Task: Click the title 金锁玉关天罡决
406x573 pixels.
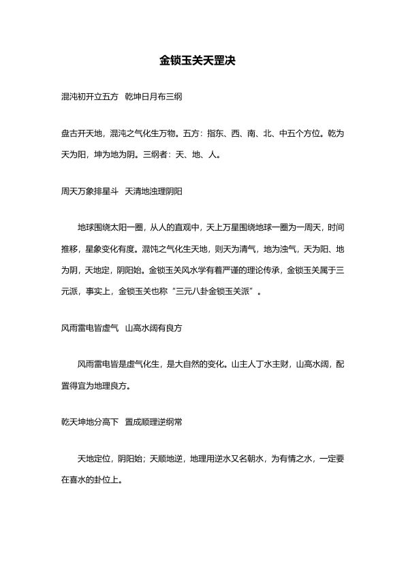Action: coord(202,61)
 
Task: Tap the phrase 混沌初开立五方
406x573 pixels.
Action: coord(90,97)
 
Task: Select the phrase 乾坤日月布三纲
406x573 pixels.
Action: coord(153,97)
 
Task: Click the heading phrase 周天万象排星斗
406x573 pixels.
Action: coord(90,193)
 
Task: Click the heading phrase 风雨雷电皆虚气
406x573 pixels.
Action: coord(90,328)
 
